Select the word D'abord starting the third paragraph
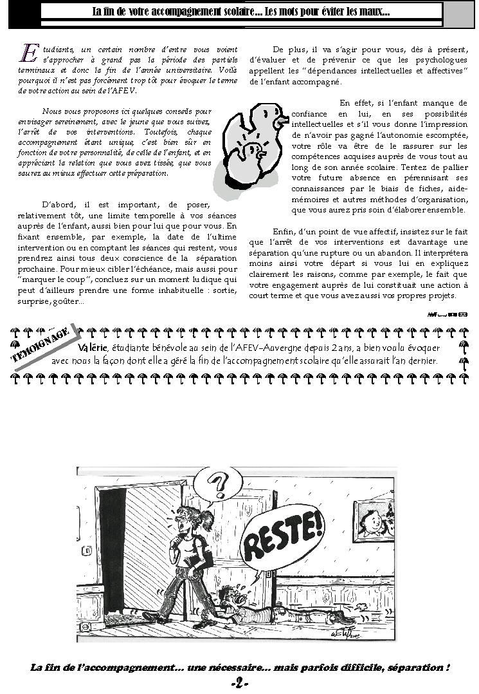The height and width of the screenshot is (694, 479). (x=55, y=204)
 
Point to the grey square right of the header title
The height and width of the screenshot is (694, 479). (x=458, y=14)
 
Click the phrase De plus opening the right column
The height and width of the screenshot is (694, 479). (x=285, y=50)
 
